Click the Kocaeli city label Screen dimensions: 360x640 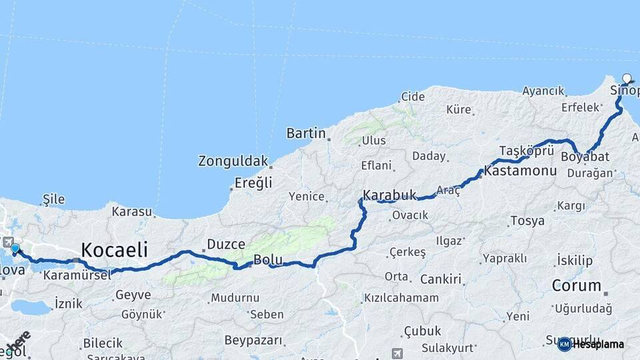pyautogui.click(x=114, y=250)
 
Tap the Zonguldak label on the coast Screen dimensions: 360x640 pyautogui.click(x=233, y=161)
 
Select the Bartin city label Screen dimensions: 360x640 pyautogui.click(x=306, y=133)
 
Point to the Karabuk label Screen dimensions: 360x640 pyautogui.click(x=389, y=195)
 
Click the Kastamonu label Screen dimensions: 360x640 pyautogui.click(x=520, y=171)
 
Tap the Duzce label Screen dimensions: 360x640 pyautogui.click(x=226, y=244)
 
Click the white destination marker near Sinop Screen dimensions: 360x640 pyautogui.click(x=627, y=79)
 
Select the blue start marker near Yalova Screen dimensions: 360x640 pyautogui.click(x=15, y=249)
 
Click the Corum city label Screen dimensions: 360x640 pyautogui.click(x=577, y=286)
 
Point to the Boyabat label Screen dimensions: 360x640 pyautogui.click(x=585, y=157)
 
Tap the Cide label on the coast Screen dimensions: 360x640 pyautogui.click(x=413, y=97)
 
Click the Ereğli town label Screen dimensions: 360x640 pyautogui.click(x=253, y=183)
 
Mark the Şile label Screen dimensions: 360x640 pyautogui.click(x=53, y=199)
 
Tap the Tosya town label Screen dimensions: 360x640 pyautogui.click(x=527, y=221)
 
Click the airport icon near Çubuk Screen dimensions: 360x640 pyautogui.click(x=398, y=353)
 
